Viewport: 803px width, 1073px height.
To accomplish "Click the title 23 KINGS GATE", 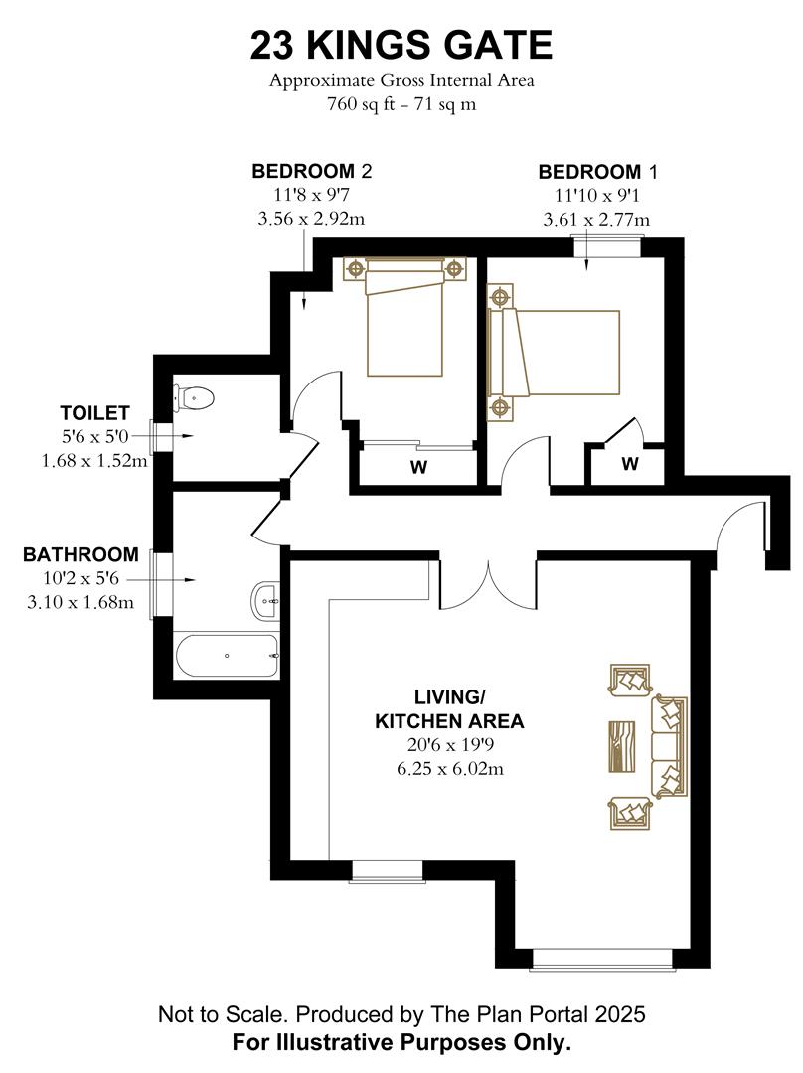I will point(401,46).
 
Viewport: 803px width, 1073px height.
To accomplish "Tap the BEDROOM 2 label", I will point(311,171).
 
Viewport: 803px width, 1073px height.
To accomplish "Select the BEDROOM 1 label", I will point(597,171).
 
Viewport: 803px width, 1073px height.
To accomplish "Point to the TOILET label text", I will point(94,412).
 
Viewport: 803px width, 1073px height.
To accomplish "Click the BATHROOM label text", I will point(80,554).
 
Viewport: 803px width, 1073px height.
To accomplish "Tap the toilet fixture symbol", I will point(194,397).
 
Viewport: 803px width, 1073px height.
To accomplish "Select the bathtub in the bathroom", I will point(227,656).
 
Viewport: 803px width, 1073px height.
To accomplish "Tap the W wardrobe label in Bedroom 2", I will point(418,468).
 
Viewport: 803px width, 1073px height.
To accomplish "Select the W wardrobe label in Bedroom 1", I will point(630,464).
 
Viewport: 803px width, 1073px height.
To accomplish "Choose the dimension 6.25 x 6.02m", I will point(448,768).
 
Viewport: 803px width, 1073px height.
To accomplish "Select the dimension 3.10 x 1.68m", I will point(81,601).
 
